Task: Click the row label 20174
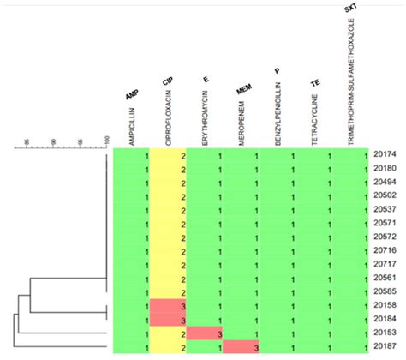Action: [385, 156]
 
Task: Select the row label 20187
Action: [385, 347]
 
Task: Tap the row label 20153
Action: [385, 333]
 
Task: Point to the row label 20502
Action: [385, 197]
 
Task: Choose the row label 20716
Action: [385, 251]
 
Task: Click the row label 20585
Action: [385, 292]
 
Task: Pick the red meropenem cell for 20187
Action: [242, 347]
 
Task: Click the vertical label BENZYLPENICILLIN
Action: [278, 109]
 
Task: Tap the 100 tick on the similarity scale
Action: [106, 141]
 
